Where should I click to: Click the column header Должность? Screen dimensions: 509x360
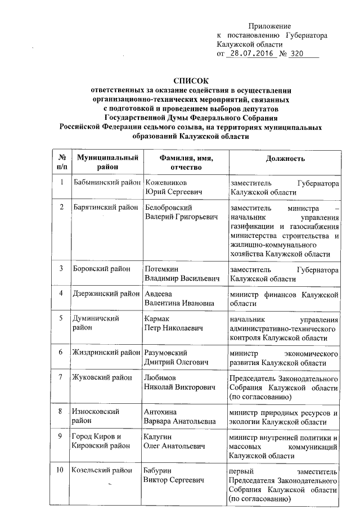pos(286,159)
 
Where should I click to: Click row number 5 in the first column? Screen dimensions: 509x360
pos(61,318)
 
